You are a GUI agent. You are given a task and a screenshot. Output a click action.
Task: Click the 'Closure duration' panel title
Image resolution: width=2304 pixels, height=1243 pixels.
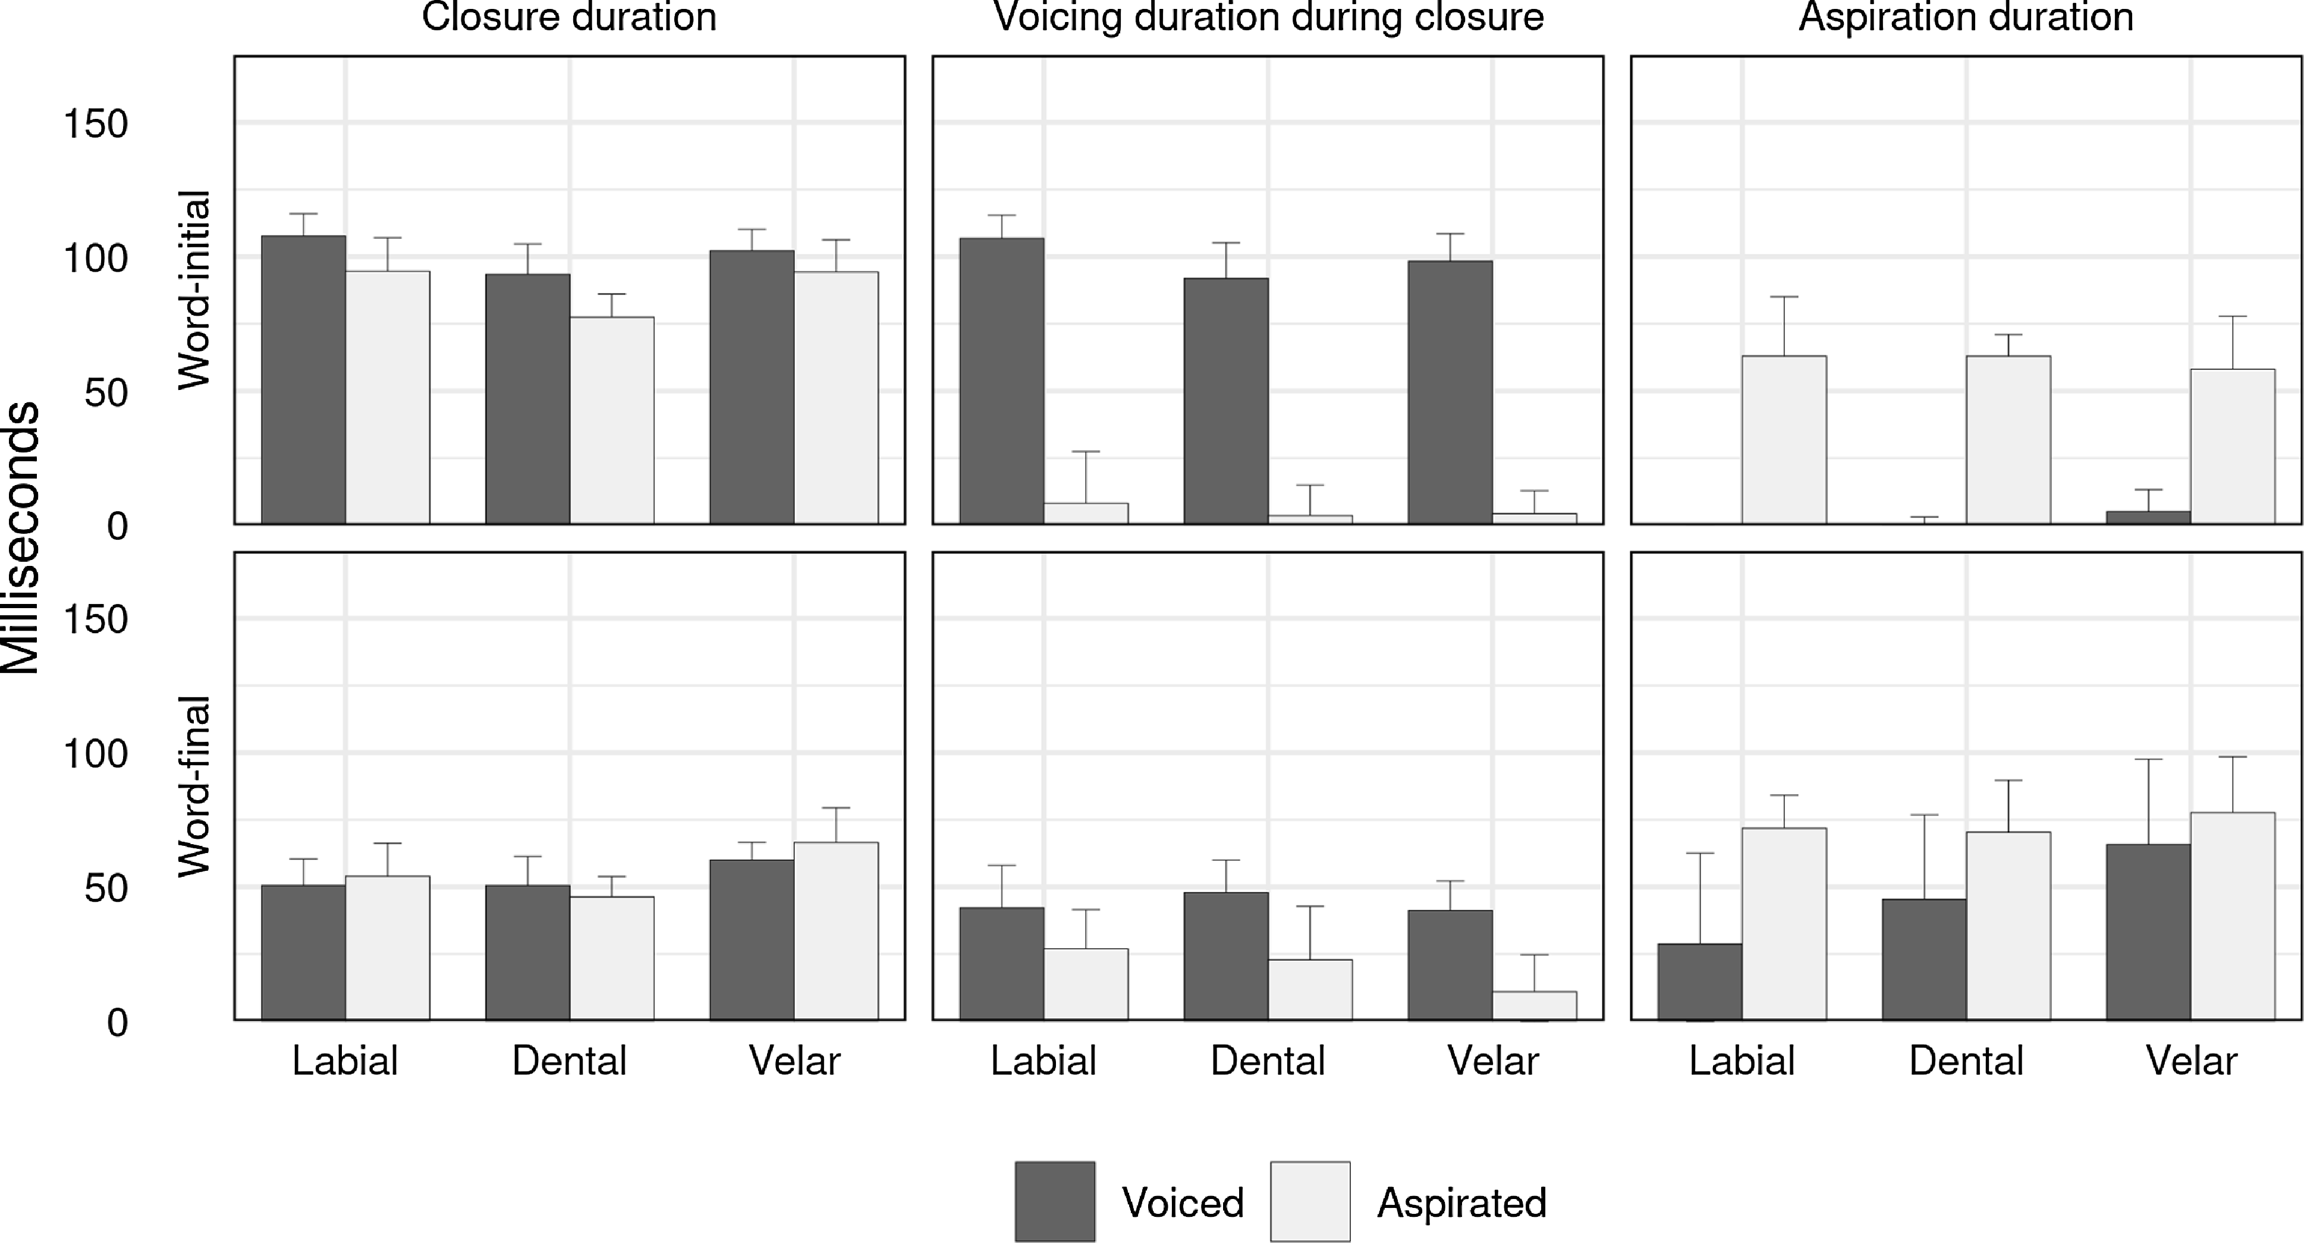click(569, 18)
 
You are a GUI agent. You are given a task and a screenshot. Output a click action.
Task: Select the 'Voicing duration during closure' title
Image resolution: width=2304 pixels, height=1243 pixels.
click(1268, 18)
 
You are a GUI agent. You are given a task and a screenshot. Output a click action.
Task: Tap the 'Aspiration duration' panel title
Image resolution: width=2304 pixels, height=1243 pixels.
click(1966, 18)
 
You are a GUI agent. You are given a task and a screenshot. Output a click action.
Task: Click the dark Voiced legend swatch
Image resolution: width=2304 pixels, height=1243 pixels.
click(1055, 1201)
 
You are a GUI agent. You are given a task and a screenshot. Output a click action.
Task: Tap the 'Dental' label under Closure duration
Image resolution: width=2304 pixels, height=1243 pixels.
click(569, 1061)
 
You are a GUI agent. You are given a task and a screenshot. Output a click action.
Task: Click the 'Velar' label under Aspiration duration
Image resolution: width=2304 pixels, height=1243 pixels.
click(2191, 1061)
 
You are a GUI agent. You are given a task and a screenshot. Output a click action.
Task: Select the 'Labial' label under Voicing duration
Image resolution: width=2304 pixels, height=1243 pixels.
click(1043, 1061)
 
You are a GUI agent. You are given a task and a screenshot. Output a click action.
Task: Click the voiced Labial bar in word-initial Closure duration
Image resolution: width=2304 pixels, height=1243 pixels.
click(303, 380)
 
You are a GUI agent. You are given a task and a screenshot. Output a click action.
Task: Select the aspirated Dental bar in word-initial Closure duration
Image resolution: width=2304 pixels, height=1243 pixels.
click(612, 420)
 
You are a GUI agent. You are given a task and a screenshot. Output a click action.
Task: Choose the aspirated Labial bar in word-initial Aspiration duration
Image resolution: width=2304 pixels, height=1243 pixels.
click(1784, 440)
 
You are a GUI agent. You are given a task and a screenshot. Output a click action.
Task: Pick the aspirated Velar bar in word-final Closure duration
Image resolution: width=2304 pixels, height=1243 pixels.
click(835, 930)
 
